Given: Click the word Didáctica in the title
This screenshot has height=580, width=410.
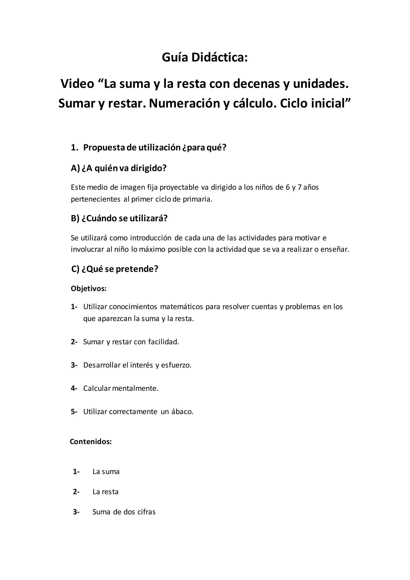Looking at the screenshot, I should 219,58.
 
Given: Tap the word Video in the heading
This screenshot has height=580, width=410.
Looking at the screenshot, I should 77,84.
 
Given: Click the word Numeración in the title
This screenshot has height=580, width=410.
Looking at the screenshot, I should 184,103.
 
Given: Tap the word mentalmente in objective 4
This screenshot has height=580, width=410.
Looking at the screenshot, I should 135,389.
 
